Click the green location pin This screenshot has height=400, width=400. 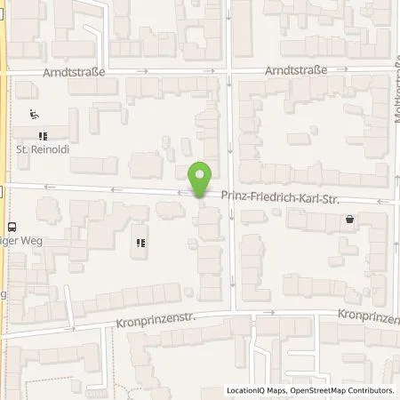point(202,179)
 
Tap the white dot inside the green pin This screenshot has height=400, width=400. point(202,173)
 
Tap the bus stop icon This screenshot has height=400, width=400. point(12,227)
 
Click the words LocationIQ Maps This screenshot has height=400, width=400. point(256,389)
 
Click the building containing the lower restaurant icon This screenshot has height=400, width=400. point(140,249)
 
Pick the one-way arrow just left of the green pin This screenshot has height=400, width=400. point(179,192)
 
